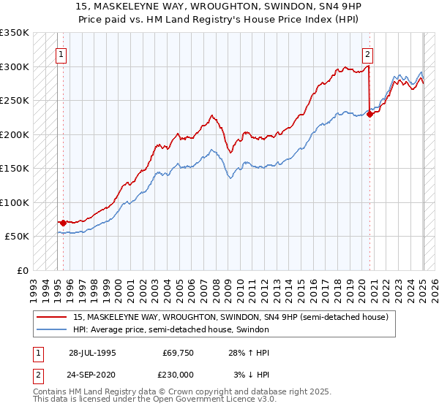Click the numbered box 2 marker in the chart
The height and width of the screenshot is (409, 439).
click(x=367, y=53)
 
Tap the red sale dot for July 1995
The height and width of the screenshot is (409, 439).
click(x=64, y=223)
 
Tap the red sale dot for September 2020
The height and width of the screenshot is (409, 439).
click(x=370, y=113)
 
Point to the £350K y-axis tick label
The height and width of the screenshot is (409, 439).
click(x=15, y=33)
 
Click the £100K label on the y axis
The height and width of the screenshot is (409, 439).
click(x=15, y=202)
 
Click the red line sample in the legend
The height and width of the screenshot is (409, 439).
click(x=53, y=316)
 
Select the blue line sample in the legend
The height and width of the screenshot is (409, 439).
click(x=53, y=329)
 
